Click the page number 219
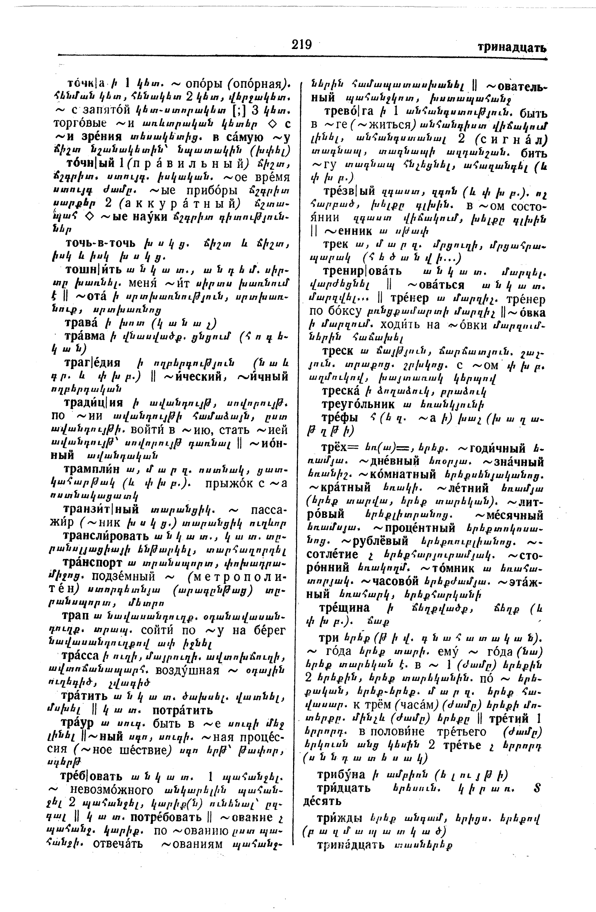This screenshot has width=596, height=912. [301, 45]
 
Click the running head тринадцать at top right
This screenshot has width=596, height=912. [512, 48]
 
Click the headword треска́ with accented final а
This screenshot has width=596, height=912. [340, 392]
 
